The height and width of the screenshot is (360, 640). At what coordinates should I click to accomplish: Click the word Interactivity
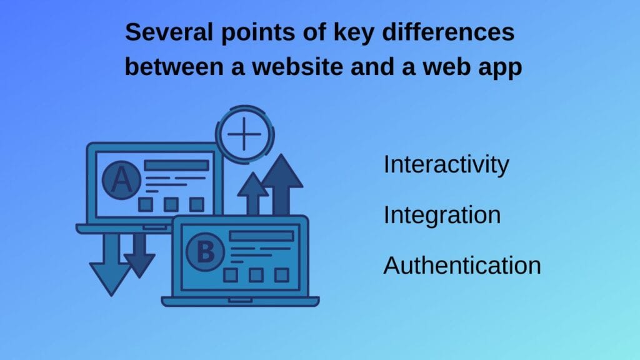click(x=446, y=165)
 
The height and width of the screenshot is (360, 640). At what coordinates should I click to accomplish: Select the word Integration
click(x=442, y=216)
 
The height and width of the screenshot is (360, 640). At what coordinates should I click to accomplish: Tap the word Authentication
click(x=462, y=266)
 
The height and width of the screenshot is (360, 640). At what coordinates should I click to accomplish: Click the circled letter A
click(x=121, y=181)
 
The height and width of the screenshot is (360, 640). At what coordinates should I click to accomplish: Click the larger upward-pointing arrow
click(x=282, y=184)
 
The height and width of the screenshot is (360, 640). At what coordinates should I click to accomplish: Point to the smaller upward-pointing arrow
click(x=252, y=193)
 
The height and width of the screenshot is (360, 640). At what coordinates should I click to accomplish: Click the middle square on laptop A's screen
click(x=171, y=204)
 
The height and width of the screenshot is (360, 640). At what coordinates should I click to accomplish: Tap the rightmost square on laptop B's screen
click(x=282, y=275)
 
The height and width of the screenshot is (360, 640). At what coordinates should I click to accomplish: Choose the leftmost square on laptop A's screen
click(x=146, y=204)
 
